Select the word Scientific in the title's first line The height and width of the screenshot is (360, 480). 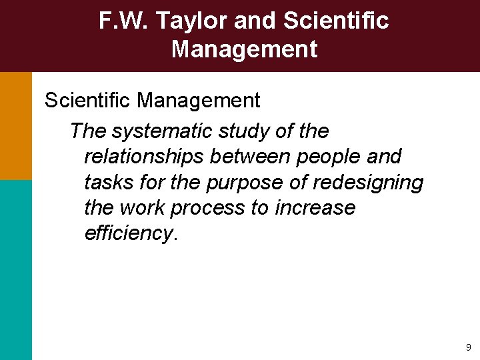click(x=335, y=21)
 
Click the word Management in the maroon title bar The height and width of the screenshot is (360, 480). click(x=244, y=49)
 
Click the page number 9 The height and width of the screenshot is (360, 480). click(x=468, y=347)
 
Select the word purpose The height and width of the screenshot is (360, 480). click(x=237, y=183)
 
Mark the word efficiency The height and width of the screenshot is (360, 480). click(x=129, y=234)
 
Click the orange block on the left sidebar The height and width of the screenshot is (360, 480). click(x=15, y=126)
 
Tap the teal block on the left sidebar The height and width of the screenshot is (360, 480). click(x=15, y=270)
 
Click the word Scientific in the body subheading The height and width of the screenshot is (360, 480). click(x=88, y=101)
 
